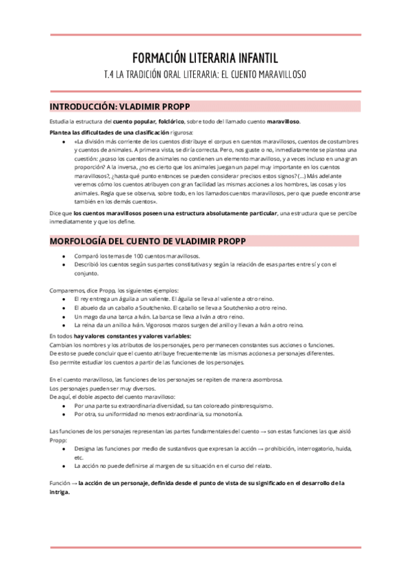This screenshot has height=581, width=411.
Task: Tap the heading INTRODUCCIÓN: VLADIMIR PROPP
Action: pos(120,106)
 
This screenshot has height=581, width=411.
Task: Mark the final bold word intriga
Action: pos(60,492)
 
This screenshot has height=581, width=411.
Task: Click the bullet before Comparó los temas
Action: pos(64,255)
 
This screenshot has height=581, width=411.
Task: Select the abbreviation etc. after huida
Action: pos(79,457)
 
